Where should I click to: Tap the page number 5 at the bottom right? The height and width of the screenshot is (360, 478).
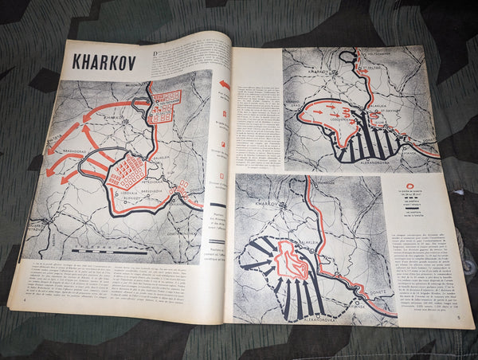459,318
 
